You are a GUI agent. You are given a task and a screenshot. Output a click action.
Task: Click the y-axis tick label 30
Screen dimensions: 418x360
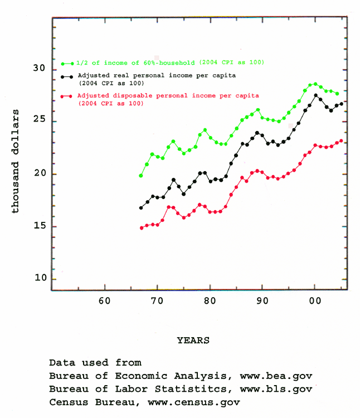tap(39, 69)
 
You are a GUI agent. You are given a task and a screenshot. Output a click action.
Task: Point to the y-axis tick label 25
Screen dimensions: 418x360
tap(39, 121)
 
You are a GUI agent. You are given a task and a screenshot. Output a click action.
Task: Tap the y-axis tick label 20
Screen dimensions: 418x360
tap(39, 174)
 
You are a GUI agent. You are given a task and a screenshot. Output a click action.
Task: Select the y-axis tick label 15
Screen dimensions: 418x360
tap(39, 226)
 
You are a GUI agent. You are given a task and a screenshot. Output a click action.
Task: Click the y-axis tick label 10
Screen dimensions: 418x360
tap(39, 278)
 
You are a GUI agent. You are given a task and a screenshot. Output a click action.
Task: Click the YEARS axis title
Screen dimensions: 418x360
tap(193, 339)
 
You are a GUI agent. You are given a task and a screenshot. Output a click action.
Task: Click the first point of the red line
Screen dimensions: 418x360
tap(142, 228)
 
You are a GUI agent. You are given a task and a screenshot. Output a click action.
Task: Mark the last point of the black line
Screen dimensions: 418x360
tap(341, 104)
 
